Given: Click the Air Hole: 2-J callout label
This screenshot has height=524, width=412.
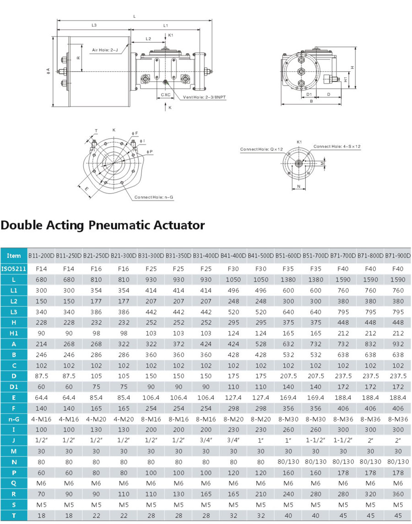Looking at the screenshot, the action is pos(105,50).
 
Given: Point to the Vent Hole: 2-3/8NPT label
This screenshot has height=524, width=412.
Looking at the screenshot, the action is pos(204,97).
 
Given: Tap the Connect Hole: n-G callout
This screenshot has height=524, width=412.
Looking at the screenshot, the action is pos(154,197).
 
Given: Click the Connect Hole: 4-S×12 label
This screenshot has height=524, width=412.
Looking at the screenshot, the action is pos(337,146).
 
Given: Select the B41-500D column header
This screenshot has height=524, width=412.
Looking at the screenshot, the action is pos(261,256).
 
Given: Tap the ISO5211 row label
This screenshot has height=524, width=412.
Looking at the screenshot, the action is pos(14,269).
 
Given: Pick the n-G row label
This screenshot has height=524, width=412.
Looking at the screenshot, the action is pos(14,419).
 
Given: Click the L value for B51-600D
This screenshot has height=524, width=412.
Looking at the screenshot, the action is pos(288,280).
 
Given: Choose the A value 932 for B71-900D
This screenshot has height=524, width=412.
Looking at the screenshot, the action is pos(398,344).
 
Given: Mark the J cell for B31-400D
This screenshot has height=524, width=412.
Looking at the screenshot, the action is pos(206,440).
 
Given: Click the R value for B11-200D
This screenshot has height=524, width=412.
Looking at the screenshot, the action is pos(41,494).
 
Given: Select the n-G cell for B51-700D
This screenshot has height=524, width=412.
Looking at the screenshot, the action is pos(315,419).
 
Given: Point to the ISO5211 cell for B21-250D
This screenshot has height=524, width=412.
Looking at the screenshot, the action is pos(96,269).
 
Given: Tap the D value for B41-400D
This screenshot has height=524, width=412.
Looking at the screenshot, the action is pos(233,376).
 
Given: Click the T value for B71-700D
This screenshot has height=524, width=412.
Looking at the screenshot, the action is pos(343,515).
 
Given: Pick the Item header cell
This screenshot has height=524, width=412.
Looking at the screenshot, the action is pos(14,256).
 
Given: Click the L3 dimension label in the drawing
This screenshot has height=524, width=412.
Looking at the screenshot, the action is pos(94,26).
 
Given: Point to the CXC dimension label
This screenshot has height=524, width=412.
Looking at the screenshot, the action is pos(166,95).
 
